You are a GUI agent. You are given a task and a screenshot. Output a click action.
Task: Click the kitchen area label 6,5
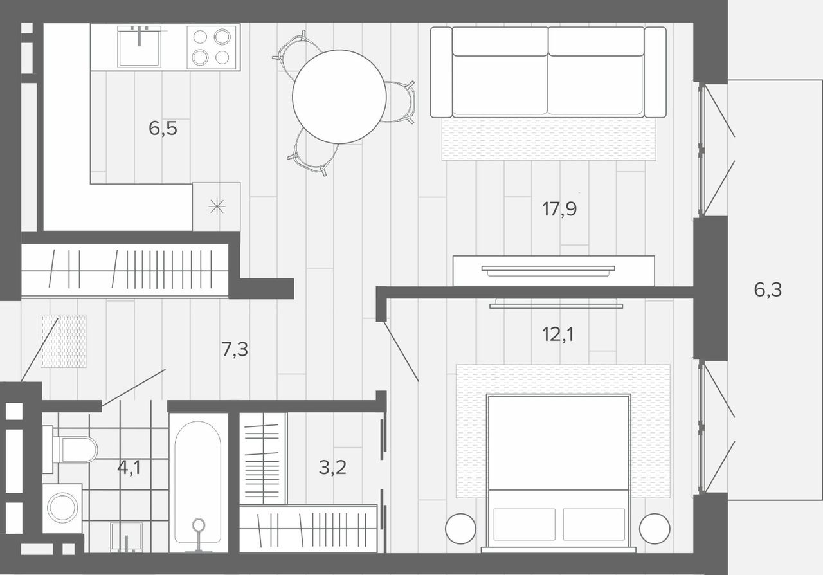click(163, 129)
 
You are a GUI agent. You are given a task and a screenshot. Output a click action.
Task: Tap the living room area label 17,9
click(559, 209)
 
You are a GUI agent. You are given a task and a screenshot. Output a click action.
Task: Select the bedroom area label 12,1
click(557, 334)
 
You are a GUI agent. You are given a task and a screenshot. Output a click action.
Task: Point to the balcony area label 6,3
click(768, 289)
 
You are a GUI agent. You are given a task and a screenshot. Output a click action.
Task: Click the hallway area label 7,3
click(235, 349)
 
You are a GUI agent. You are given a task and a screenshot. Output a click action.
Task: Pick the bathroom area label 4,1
click(129, 468)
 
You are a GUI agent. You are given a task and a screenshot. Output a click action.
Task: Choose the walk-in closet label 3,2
click(332, 468)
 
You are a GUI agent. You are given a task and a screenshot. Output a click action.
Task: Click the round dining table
click(339, 96)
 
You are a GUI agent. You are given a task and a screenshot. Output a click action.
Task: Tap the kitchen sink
click(140, 47)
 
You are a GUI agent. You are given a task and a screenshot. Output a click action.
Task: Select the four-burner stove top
click(212, 47)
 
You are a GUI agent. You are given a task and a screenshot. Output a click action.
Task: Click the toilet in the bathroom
click(70, 450)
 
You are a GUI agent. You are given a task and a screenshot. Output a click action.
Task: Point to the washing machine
click(62, 508)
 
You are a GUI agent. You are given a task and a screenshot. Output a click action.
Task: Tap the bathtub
click(198, 482)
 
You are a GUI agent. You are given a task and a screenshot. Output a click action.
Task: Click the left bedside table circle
click(460, 529)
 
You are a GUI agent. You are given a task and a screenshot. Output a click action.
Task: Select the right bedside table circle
click(655, 529)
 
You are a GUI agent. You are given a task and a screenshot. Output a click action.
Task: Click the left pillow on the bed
click(524, 524)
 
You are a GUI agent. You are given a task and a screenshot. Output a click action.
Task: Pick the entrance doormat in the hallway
click(64, 341)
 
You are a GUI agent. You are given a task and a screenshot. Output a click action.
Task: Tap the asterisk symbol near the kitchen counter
click(217, 206)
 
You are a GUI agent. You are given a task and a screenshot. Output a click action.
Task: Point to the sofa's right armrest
click(655, 72)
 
